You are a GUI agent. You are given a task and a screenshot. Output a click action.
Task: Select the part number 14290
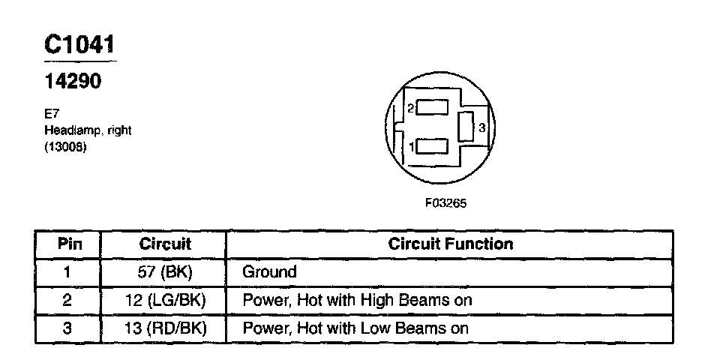pyautogui.click(x=73, y=81)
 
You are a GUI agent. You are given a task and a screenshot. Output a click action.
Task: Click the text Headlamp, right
pyautogui.click(x=88, y=130)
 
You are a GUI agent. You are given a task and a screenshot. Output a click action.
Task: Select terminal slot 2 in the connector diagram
pyautogui.click(x=431, y=107)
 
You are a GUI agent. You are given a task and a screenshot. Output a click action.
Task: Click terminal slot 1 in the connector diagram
pyautogui.click(x=431, y=145)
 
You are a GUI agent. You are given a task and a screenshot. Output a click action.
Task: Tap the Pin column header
pyautogui.click(x=69, y=244)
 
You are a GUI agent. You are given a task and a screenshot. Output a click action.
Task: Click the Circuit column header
pyautogui.click(x=165, y=244)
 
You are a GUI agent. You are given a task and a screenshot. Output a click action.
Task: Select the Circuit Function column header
pyautogui.click(x=451, y=244)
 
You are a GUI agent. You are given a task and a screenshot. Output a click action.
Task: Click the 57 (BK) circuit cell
pyautogui.click(x=165, y=271)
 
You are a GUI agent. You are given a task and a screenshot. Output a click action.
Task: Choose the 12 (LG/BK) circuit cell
pyautogui.click(x=165, y=300)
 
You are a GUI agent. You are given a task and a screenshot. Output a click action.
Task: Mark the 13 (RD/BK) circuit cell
pyautogui.click(x=165, y=328)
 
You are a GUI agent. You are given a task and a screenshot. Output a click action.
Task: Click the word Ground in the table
pyautogui.click(x=269, y=271)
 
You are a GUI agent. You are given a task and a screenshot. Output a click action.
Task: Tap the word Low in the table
pyautogui.click(x=360, y=328)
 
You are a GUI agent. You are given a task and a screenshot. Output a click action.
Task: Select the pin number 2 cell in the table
pyautogui.click(x=69, y=300)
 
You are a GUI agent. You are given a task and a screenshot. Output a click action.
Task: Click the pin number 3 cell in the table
pyautogui.click(x=69, y=328)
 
